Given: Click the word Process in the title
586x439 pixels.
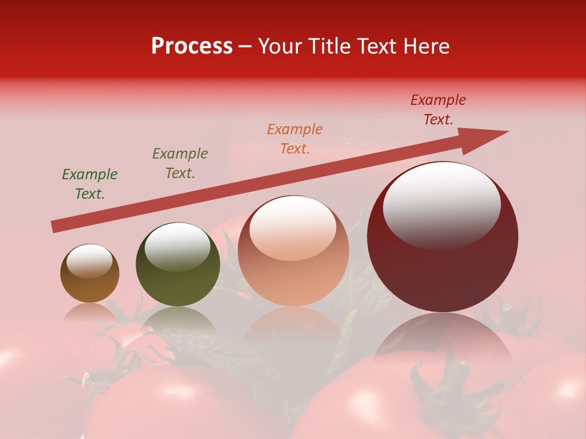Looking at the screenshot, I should click(192, 46).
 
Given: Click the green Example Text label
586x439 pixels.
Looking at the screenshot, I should click(90, 184).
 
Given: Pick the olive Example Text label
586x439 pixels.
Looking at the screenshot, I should click(180, 163).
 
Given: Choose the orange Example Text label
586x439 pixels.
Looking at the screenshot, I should click(295, 139).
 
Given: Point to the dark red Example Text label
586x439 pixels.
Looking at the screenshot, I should click(438, 110).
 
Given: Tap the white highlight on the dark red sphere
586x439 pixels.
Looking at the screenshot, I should click(441, 201).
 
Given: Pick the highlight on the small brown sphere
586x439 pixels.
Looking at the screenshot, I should click(89, 261).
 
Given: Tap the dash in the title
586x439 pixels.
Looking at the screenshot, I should click(245, 46).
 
